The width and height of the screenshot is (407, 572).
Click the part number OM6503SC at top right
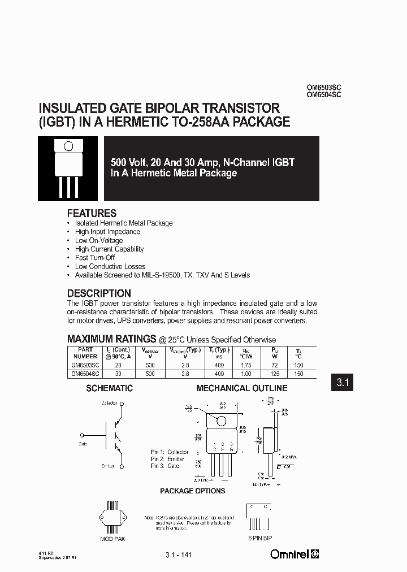(x=323, y=88)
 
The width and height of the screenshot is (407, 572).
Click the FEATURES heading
(x=92, y=214)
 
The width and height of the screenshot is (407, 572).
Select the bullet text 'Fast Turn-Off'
(x=95, y=258)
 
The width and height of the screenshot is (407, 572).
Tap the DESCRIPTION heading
(x=99, y=294)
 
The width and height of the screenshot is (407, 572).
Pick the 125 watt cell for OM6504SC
(x=274, y=374)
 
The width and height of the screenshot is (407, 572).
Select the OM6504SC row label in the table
(x=85, y=374)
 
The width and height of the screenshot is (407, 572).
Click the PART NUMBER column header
(x=85, y=353)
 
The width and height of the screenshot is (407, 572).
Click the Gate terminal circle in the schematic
(x=83, y=435)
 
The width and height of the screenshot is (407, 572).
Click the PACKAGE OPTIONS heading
(x=192, y=491)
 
